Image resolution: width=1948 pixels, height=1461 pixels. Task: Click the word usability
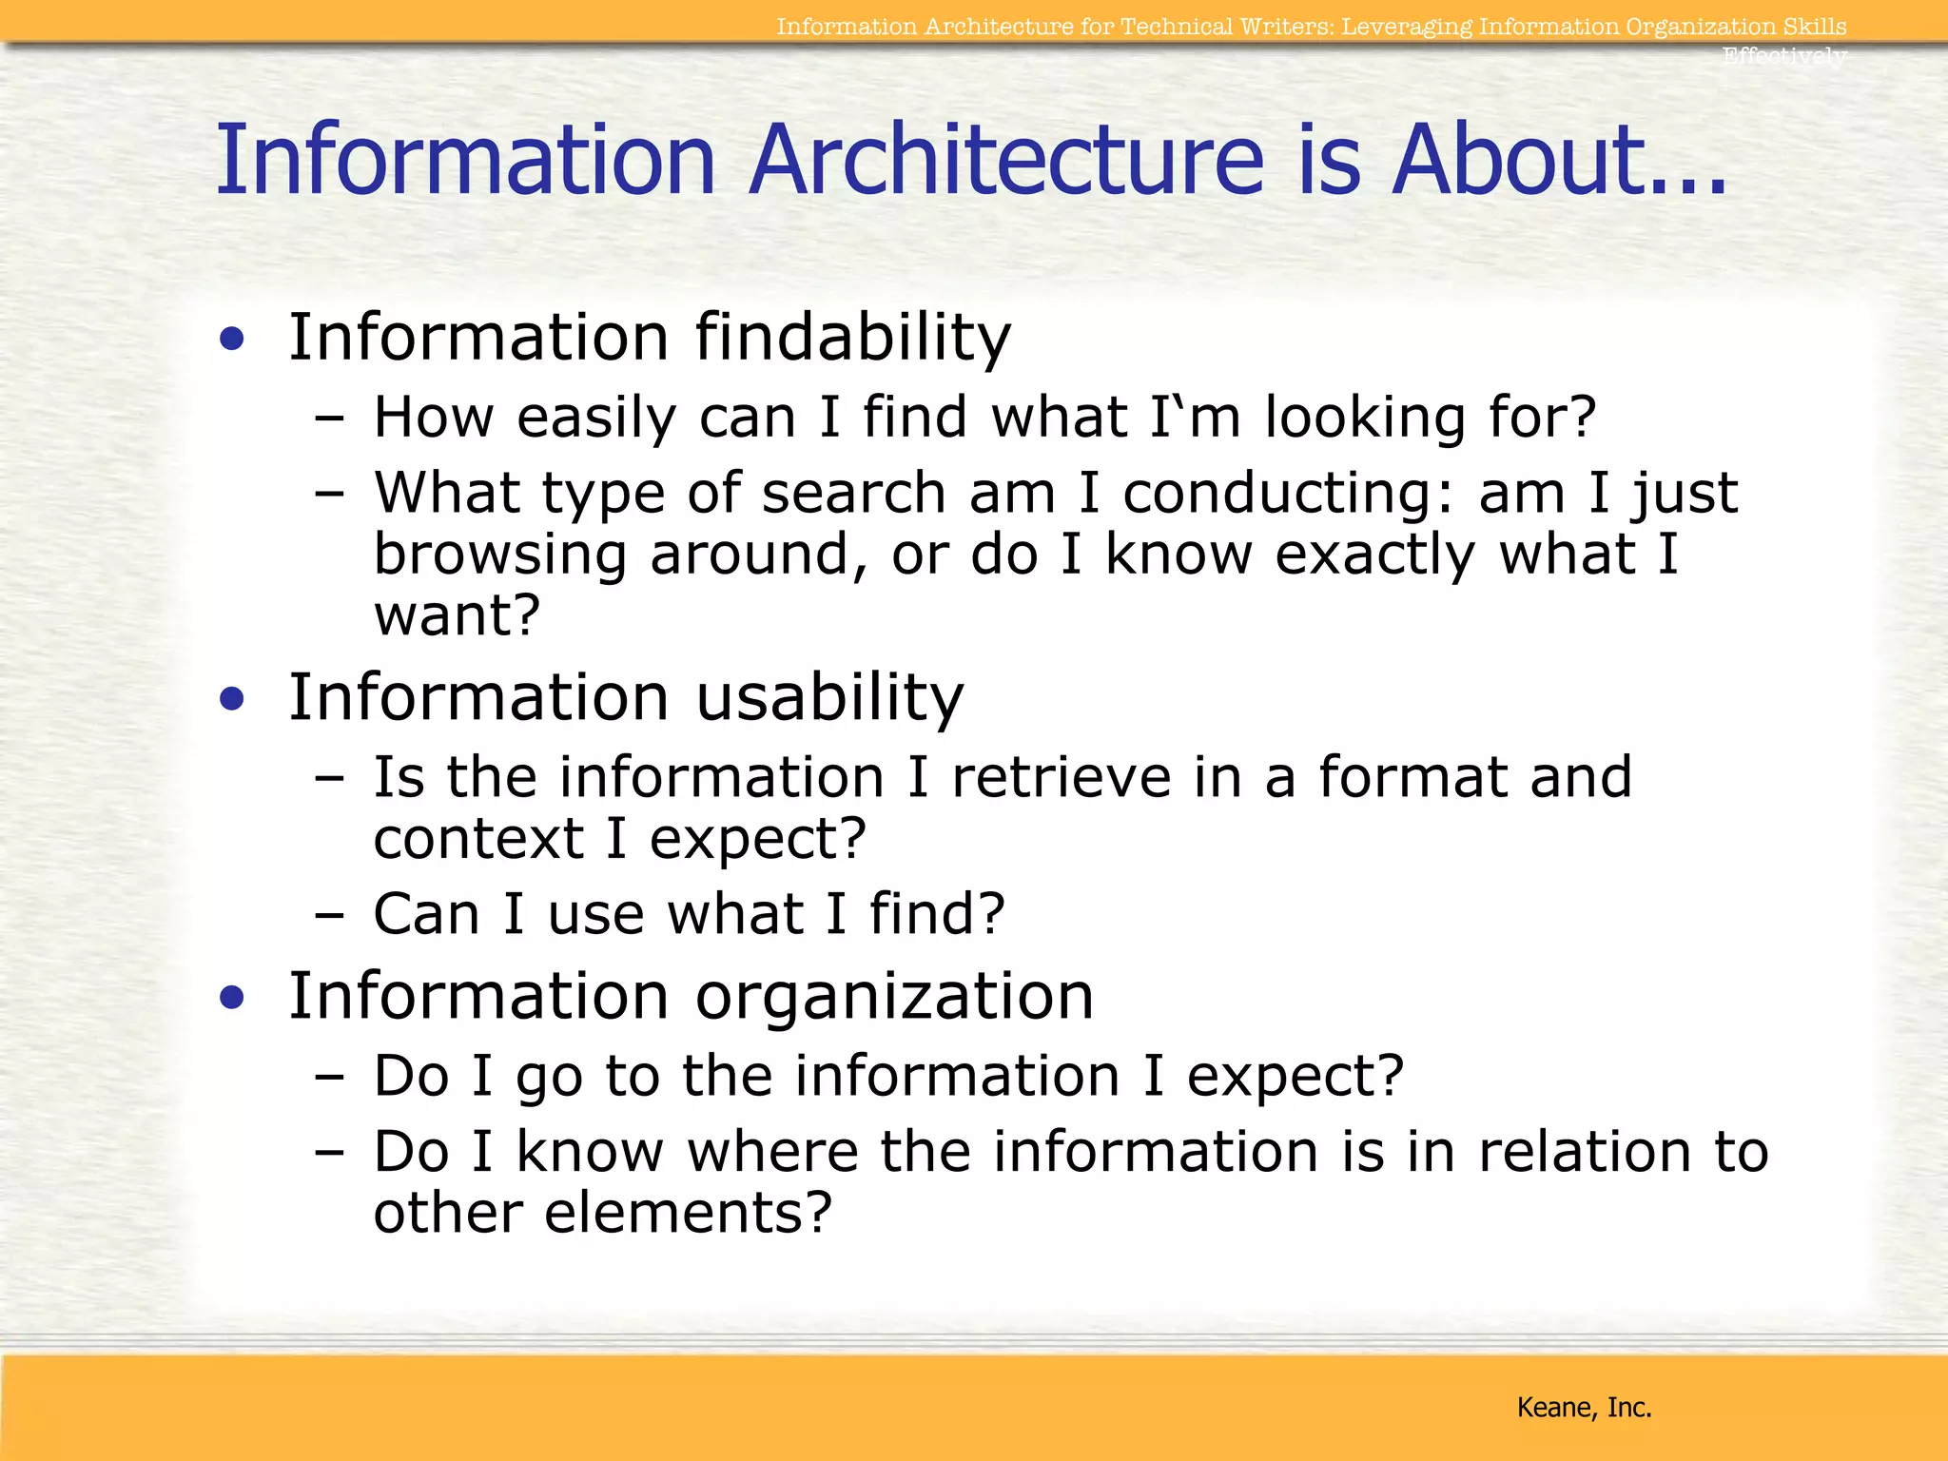(x=829, y=697)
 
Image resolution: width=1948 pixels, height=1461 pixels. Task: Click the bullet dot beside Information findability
(x=231, y=339)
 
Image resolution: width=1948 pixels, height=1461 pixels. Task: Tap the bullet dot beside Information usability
(x=231, y=699)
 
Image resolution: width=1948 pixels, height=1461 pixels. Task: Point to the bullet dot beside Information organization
(x=231, y=998)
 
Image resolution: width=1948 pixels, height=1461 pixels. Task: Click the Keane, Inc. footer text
(x=1584, y=1407)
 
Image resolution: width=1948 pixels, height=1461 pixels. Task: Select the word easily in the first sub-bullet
(x=595, y=419)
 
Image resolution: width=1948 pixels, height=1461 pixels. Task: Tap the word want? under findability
(x=457, y=614)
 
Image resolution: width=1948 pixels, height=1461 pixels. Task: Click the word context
(x=478, y=838)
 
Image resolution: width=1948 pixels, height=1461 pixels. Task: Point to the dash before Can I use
(x=329, y=916)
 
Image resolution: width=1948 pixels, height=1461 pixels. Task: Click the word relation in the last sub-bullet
(x=1584, y=1152)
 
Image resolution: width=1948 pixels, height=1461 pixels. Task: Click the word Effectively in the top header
(x=1783, y=55)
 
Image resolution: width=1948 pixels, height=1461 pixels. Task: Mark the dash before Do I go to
(x=329, y=1078)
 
